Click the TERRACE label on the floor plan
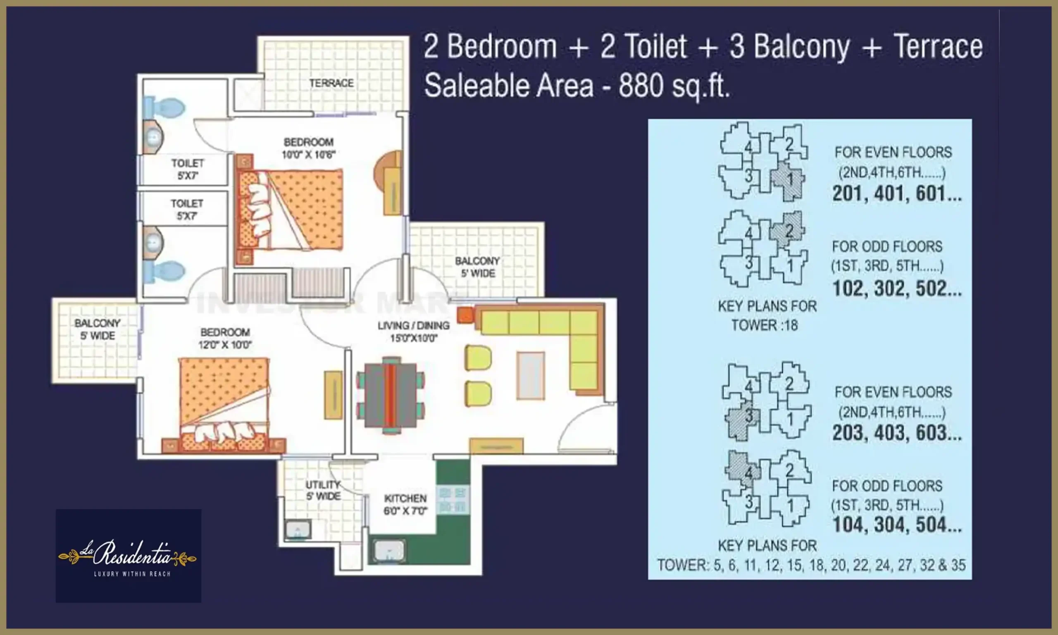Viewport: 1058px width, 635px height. coord(331,83)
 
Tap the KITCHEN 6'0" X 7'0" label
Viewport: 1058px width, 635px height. coord(405,504)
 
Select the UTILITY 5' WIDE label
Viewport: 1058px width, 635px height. coord(323,490)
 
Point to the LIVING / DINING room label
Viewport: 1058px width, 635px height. coord(413,332)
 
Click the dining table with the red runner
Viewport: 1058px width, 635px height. coord(391,395)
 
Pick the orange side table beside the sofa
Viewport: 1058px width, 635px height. coord(465,315)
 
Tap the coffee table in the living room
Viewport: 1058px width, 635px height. coord(530,376)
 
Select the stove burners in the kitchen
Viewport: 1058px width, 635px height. coord(452,500)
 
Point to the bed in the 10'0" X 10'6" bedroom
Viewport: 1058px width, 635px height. coord(290,210)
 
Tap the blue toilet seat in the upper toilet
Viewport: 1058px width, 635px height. coord(164,107)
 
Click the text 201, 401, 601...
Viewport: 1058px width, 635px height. coord(897,194)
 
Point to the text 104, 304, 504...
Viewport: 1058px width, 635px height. coord(897,525)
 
